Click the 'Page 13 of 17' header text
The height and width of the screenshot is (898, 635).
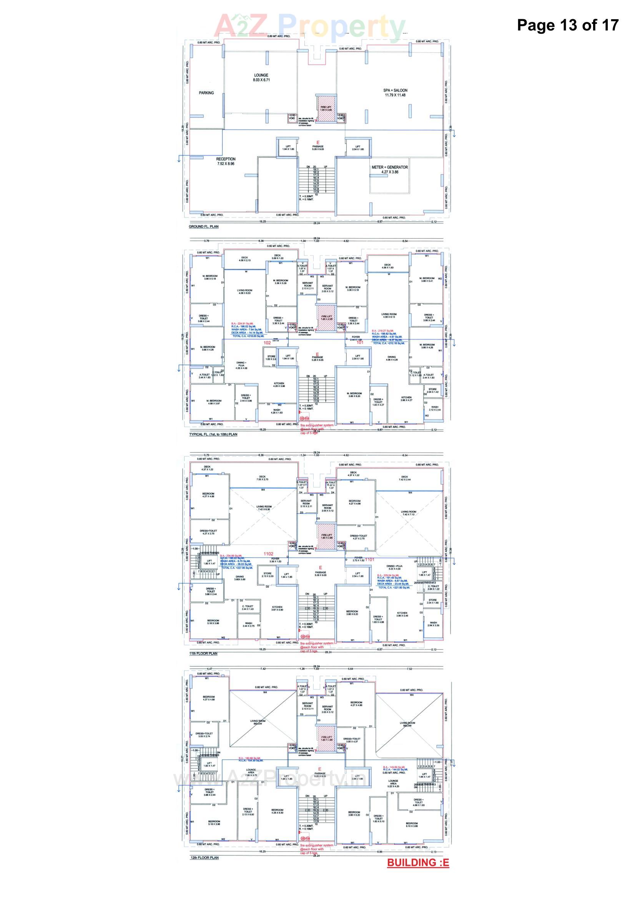point(567,25)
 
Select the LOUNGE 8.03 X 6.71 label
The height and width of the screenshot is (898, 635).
point(261,78)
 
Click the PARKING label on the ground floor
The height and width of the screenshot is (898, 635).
point(206,93)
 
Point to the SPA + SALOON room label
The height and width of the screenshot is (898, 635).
point(395,92)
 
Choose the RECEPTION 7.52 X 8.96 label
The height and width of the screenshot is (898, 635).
point(226,161)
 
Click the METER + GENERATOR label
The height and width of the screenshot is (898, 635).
point(389,169)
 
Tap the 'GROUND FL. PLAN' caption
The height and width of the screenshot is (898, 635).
point(204,227)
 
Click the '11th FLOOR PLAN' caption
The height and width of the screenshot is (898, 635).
point(203,653)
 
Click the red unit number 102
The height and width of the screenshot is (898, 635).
point(267,343)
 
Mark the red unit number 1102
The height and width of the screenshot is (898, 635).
point(268,554)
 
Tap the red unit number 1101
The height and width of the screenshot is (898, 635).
point(369,559)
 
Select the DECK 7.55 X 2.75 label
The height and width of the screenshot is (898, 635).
point(262,477)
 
